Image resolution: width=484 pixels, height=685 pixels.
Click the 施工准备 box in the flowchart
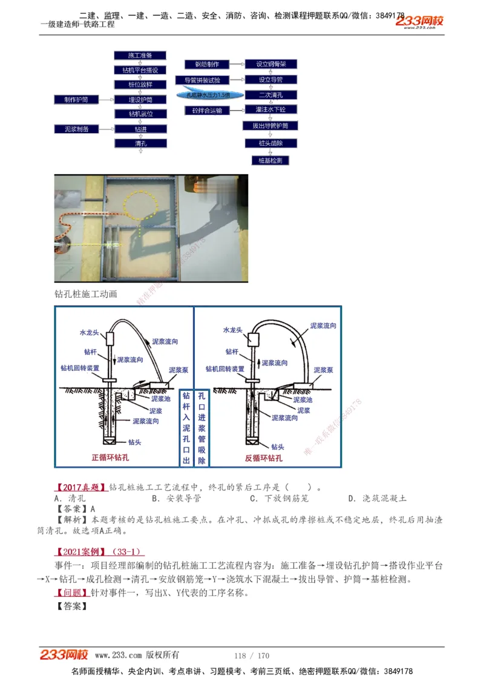[140, 55]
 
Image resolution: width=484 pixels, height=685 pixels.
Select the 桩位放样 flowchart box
[140, 85]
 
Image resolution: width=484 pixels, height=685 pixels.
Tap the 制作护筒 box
[76, 99]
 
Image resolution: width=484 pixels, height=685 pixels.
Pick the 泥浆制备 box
[76, 129]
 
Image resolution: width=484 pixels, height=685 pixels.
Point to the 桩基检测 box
[270, 160]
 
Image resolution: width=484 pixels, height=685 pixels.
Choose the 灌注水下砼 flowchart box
[270, 110]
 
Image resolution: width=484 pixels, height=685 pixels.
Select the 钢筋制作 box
[207, 64]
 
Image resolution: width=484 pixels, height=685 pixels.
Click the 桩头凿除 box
[270, 143]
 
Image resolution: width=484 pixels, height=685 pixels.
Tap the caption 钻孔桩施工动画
[86, 294]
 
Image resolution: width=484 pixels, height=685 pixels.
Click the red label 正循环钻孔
[110, 458]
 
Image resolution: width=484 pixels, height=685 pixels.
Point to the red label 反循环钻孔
[264, 458]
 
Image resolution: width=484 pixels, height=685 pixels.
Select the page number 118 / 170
[252, 655]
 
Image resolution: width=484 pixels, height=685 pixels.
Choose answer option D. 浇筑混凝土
[378, 498]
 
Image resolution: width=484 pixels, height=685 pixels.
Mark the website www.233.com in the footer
[118, 655]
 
